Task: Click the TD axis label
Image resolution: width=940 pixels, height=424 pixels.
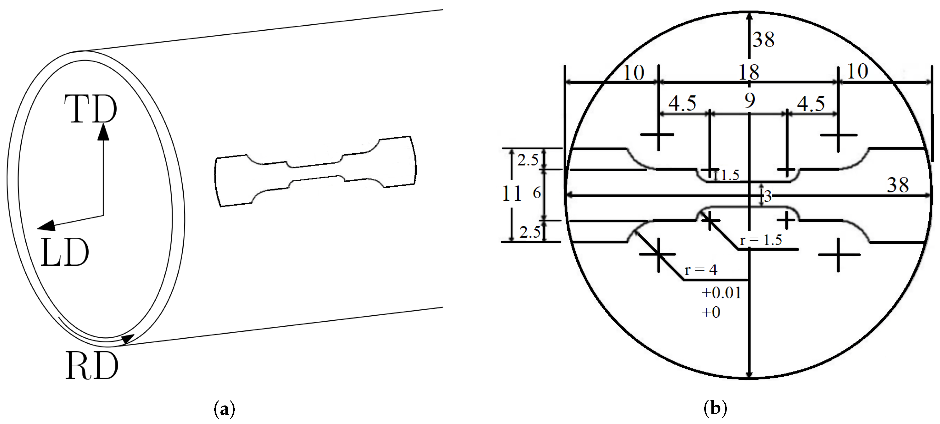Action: pyautogui.click(x=90, y=109)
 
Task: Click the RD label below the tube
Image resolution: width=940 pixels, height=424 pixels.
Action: pyautogui.click(x=92, y=366)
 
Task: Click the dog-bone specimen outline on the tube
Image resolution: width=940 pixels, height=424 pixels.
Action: pyautogui.click(x=315, y=172)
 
